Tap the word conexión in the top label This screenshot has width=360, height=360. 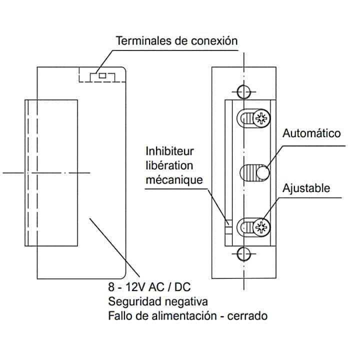(213, 40)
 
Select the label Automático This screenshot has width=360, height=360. (311, 133)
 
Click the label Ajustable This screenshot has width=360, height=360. (306, 188)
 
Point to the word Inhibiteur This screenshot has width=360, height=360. (169, 151)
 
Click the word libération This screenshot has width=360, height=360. (169, 165)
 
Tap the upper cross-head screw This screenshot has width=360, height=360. (261, 118)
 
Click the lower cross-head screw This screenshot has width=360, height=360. (261, 227)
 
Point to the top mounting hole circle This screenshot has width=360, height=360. (244, 92)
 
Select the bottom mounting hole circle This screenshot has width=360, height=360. (244, 252)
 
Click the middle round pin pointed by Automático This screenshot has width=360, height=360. (262, 173)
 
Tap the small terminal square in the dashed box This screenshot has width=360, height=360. (102, 76)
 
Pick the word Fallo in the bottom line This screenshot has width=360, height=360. (120, 316)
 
